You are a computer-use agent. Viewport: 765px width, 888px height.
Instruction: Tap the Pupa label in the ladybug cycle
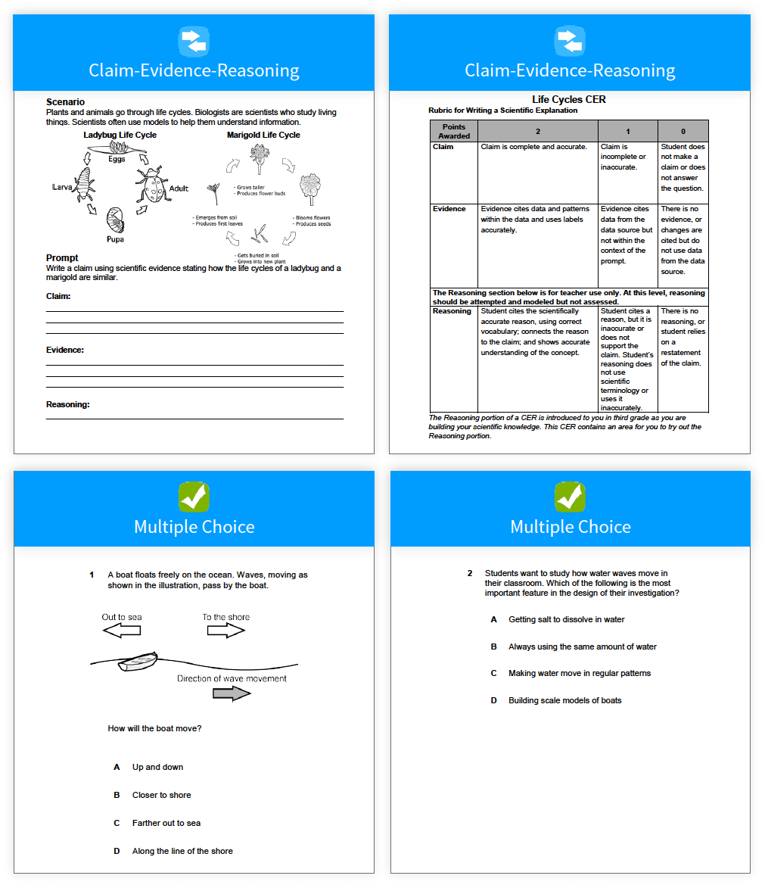(x=115, y=239)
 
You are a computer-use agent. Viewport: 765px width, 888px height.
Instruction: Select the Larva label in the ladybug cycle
(x=61, y=186)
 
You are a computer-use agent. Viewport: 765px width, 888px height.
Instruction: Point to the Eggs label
(x=116, y=159)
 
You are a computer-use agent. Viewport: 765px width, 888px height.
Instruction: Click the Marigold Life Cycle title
(x=263, y=135)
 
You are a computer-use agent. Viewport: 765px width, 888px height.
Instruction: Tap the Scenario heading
(x=65, y=102)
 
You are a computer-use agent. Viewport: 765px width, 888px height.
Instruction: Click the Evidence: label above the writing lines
(x=65, y=350)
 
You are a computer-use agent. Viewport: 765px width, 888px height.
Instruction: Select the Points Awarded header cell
(x=454, y=131)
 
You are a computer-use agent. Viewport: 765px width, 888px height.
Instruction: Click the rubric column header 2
(x=537, y=131)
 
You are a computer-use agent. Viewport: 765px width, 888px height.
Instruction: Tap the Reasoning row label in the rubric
(x=452, y=311)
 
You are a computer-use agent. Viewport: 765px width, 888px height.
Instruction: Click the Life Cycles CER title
(x=569, y=99)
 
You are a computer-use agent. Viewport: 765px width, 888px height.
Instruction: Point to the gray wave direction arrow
(x=232, y=693)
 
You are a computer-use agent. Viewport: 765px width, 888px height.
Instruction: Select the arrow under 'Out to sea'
(x=121, y=631)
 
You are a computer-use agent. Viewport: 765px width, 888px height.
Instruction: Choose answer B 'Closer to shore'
(x=161, y=795)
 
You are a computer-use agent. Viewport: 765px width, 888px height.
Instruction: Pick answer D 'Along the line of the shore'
(x=182, y=851)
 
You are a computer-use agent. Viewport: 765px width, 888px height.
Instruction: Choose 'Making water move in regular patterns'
(x=580, y=673)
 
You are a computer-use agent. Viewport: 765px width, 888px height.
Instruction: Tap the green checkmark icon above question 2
(x=571, y=497)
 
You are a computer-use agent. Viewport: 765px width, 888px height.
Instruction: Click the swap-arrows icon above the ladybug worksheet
(x=194, y=40)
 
